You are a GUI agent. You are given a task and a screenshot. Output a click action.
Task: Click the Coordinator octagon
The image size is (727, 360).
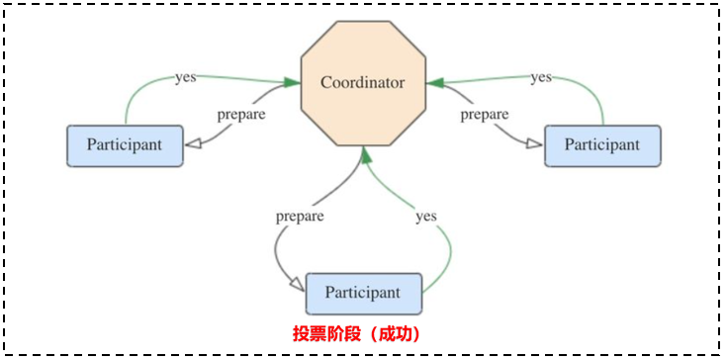point(363,83)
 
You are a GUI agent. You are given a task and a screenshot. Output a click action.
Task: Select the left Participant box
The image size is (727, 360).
point(125,145)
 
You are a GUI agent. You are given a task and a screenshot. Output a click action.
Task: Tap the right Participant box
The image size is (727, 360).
point(602,145)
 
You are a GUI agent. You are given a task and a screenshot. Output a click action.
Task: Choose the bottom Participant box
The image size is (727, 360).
point(363,293)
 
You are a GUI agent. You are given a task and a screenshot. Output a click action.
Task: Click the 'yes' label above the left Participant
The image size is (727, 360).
point(185,76)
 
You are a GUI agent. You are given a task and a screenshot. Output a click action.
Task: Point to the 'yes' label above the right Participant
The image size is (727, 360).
point(541,76)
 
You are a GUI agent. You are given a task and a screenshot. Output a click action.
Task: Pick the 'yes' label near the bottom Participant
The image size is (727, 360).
point(426,215)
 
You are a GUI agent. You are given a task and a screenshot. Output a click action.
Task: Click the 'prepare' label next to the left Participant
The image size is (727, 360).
point(240,114)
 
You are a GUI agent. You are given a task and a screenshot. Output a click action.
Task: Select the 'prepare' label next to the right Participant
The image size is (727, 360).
point(485,114)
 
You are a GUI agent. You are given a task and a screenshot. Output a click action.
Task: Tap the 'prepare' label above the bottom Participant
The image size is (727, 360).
point(300,215)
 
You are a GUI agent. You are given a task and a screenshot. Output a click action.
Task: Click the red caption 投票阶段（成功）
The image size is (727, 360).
point(356,334)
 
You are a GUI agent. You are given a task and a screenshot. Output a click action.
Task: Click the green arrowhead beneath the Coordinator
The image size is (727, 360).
point(366,153)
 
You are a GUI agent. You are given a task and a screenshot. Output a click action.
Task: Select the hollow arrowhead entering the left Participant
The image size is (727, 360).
point(195,144)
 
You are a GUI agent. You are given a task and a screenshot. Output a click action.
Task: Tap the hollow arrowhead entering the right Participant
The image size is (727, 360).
point(534,144)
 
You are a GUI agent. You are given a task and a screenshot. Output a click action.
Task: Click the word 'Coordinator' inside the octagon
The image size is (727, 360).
point(363,83)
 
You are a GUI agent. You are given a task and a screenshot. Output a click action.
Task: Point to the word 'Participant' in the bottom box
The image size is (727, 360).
point(363,293)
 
